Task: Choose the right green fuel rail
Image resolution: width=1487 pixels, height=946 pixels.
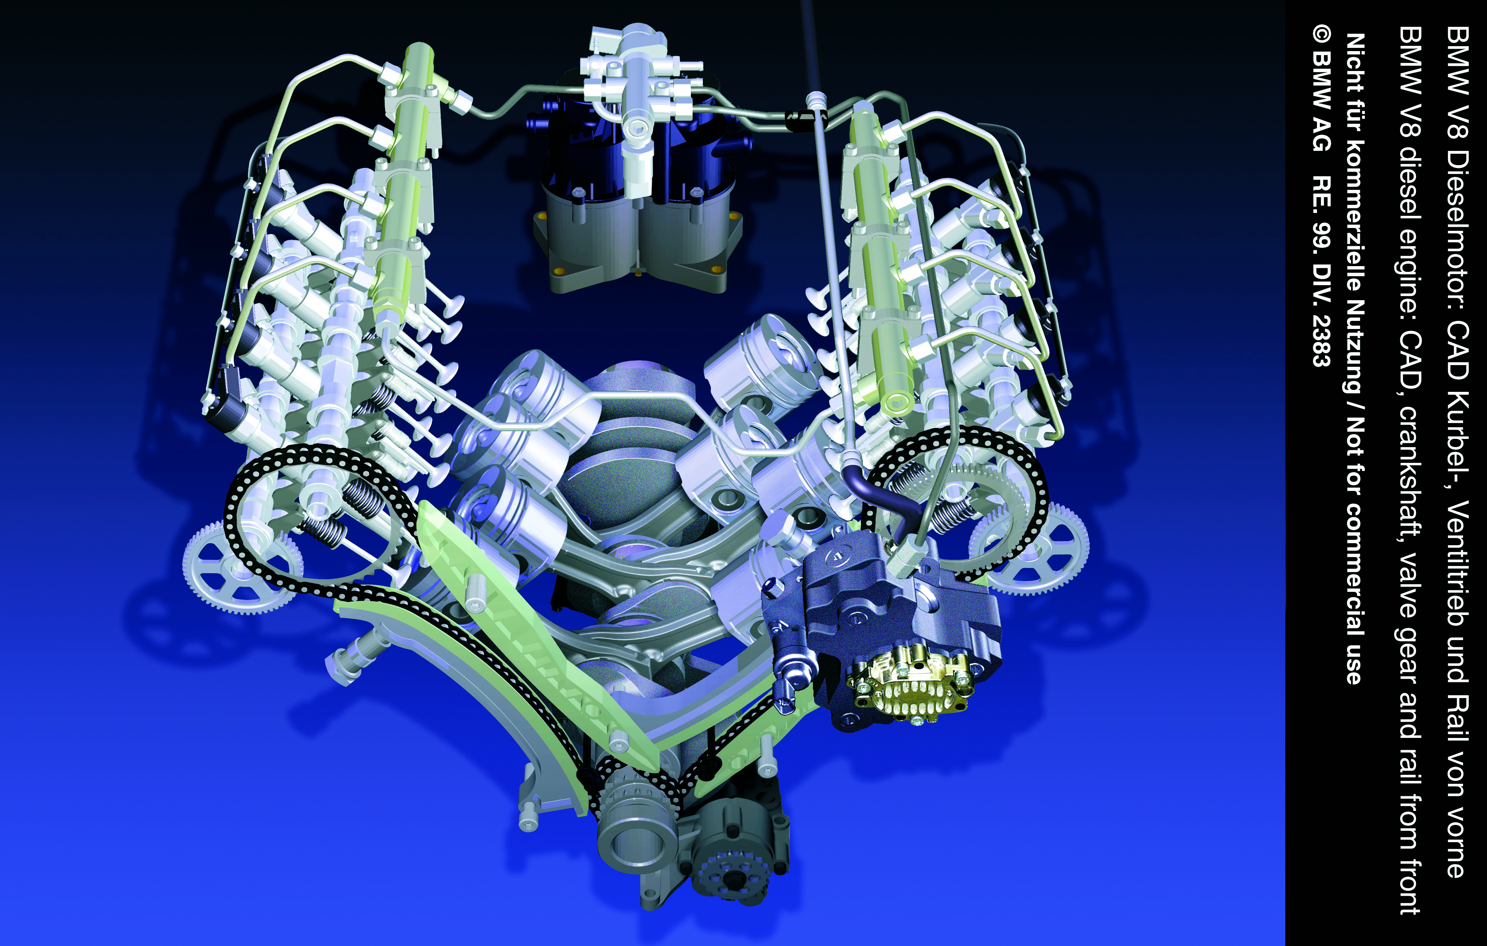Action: [880, 259]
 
